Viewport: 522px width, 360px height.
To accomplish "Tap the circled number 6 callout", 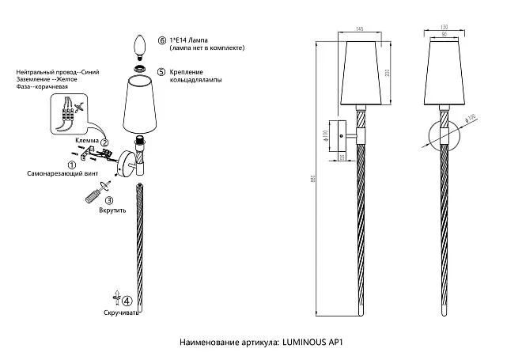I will pyautogui.click(x=162, y=40).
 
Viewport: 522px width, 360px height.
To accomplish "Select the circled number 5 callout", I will pyautogui.click(x=161, y=72).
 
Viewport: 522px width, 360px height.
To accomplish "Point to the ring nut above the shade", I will pyautogui.click(x=142, y=69).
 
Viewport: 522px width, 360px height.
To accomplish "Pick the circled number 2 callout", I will pyautogui.click(x=104, y=142).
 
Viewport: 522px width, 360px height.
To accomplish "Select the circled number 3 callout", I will pyautogui.click(x=110, y=201).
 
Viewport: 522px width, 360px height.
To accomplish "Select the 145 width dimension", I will pyautogui.click(x=359, y=29).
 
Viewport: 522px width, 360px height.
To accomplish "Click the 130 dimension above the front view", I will pyautogui.click(x=444, y=27).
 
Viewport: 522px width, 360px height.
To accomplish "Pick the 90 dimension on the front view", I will pyautogui.click(x=444, y=34).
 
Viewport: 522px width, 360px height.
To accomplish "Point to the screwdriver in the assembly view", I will pyautogui.click(x=94, y=193).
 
